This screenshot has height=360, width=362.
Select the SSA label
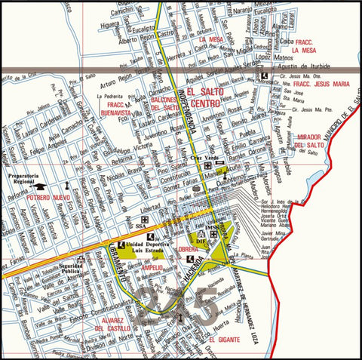click(x=141, y=224)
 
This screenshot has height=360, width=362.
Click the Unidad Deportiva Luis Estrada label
click(x=146, y=248)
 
